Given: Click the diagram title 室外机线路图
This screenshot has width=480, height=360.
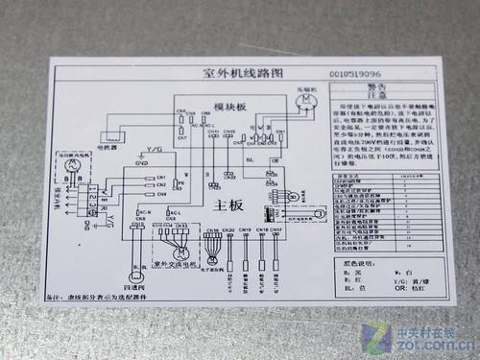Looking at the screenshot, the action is coord(229,74).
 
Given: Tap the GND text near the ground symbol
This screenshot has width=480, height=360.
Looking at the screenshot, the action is coord(141,164).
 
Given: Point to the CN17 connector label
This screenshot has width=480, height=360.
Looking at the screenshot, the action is coord(276,230).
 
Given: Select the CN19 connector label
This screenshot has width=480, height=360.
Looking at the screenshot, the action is coord(245,230).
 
